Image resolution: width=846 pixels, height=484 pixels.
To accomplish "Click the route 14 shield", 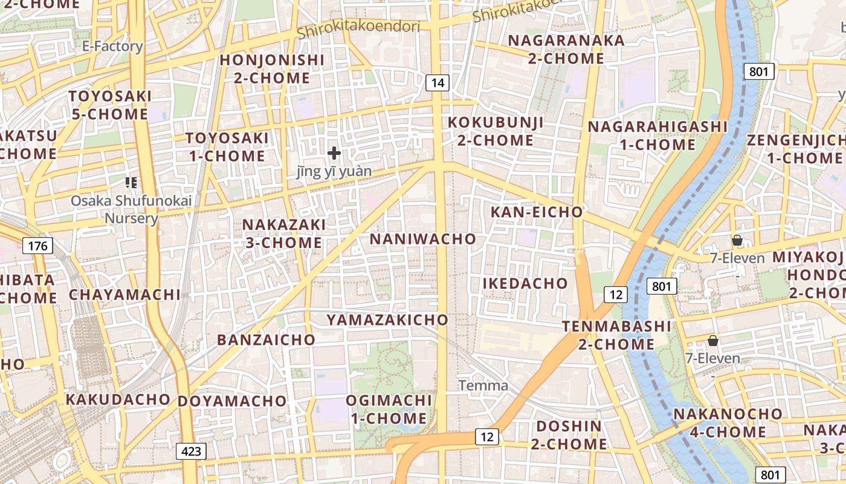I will tap(438, 82).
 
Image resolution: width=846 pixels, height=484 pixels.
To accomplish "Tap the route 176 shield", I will tap(38, 246).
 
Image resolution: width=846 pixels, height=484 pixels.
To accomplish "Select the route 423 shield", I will tap(192, 451).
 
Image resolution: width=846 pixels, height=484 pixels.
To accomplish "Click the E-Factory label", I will tap(112, 47).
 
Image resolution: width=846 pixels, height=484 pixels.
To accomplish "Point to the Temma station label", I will tap(483, 385).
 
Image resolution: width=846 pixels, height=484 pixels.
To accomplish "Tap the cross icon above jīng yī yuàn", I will tap(334, 154).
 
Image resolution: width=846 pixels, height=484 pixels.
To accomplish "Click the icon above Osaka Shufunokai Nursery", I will tap(131, 182).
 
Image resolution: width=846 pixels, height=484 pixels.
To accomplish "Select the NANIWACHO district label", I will tap(423, 239).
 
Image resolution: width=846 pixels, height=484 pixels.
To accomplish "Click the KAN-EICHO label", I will tap(537, 212).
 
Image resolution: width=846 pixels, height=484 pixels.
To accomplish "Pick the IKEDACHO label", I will tap(525, 283).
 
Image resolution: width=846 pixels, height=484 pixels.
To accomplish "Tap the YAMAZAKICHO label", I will tap(387, 320).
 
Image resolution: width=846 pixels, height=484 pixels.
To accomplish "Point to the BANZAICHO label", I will tap(266, 340).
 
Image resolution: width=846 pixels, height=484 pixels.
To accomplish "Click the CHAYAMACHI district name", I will tap(124, 295).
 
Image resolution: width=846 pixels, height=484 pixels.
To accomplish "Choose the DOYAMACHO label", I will tap(232, 401).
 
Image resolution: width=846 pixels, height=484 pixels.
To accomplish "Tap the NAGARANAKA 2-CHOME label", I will tap(566, 50).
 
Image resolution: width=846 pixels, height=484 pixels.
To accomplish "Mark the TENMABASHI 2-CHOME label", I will tap(616, 335).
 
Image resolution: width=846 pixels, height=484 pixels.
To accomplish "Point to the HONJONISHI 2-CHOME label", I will tap(272, 69).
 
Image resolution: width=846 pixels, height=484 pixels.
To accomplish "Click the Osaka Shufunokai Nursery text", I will tap(115, 209).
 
